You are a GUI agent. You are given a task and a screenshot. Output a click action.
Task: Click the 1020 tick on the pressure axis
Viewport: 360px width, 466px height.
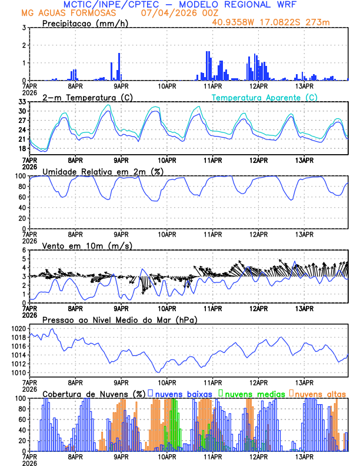18,328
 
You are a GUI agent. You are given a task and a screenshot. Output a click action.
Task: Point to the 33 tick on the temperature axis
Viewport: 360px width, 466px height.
22,102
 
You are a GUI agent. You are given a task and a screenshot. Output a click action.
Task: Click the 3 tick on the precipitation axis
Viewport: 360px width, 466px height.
24,28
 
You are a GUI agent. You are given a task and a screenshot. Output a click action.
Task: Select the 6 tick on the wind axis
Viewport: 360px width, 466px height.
24,250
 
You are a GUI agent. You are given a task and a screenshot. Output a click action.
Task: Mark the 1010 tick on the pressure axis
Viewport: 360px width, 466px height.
18,372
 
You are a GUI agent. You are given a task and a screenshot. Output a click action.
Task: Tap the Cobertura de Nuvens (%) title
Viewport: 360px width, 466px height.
94,393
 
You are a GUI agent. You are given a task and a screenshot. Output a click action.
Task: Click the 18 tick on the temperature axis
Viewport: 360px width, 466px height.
22,148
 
